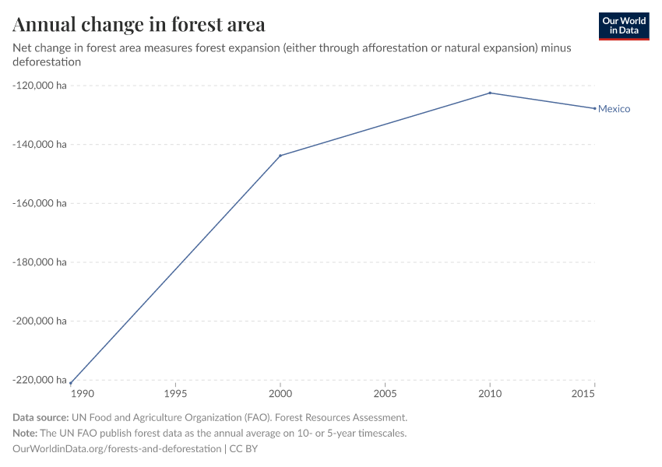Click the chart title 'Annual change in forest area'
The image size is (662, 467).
coord(139,25)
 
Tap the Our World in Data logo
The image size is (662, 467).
coord(623,26)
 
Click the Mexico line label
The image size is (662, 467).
coord(614,109)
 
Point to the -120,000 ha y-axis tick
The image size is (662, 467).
coord(40,85)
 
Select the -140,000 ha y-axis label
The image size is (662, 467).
coord(40,144)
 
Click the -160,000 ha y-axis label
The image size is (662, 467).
coord(40,203)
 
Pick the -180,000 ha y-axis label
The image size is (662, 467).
coord(40,262)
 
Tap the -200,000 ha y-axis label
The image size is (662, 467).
coord(40,321)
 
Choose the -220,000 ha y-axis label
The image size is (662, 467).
coord(40,380)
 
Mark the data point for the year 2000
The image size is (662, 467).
coord(280,156)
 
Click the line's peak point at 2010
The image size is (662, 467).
coord(490,93)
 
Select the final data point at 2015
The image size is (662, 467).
coord(595,108)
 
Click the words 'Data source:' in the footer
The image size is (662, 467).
coord(40,418)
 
